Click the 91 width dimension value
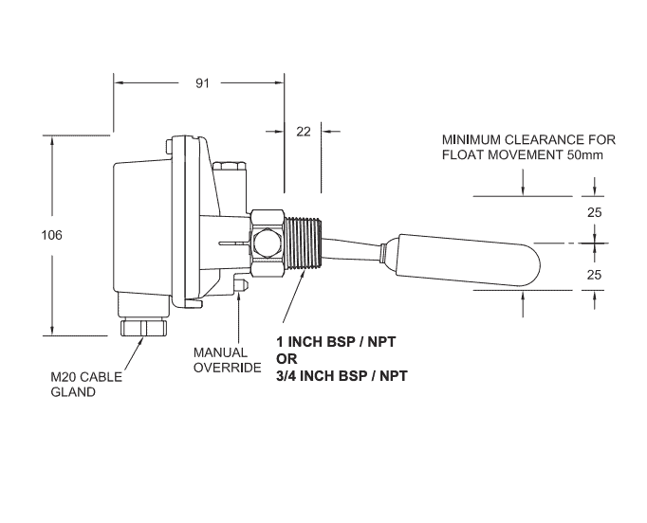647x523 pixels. click(202, 83)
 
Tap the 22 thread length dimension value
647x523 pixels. click(304, 132)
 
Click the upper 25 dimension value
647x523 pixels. click(595, 213)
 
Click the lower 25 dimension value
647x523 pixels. click(595, 275)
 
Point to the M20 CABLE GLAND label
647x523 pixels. click(86, 384)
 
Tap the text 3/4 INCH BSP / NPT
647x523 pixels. click(341, 375)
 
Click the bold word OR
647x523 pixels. click(286, 358)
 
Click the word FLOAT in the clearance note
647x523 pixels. click(464, 154)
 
